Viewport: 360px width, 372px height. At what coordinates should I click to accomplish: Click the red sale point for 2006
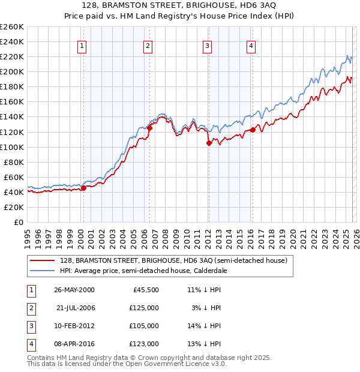coord(149,127)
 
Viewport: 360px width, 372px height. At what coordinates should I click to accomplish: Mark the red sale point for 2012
coord(209,143)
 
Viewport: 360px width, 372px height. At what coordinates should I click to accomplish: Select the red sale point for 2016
coord(253,130)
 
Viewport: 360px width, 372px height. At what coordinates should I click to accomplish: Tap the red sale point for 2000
coord(84,188)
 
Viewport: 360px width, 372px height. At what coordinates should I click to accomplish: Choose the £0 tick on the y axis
coord(17,222)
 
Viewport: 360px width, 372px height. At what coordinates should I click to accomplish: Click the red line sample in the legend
coord(42,260)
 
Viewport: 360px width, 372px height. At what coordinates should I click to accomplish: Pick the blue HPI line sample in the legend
coord(42,271)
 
